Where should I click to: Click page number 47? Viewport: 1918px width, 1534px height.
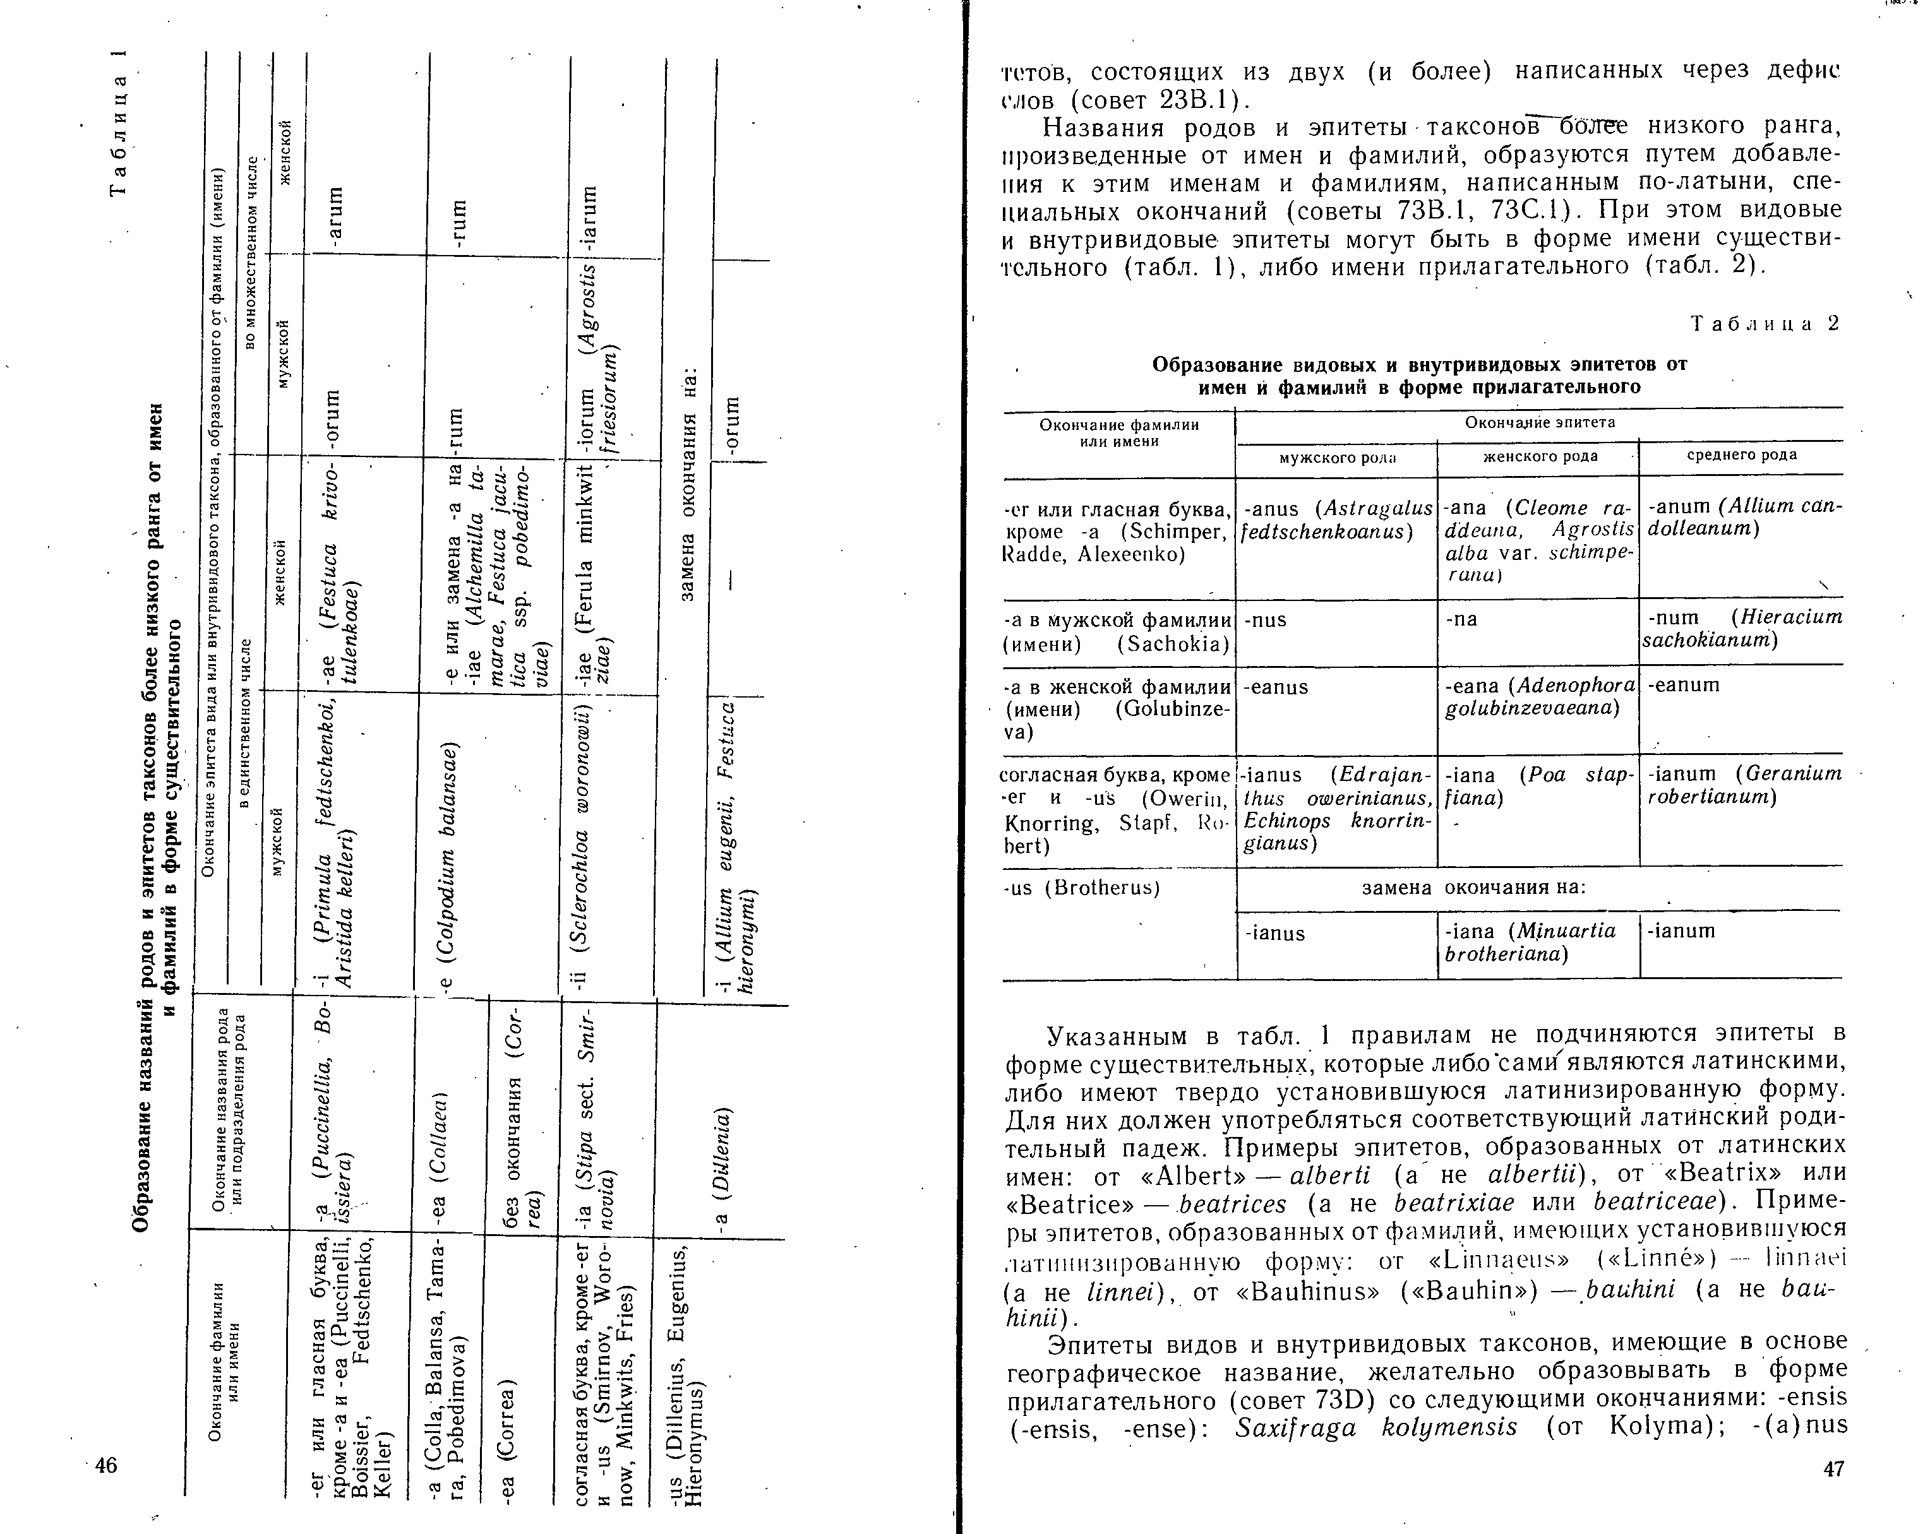coord(1833,1469)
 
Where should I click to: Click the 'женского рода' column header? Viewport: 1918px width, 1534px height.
coord(1540,456)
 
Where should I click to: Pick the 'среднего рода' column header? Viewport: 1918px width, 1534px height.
coord(1742,455)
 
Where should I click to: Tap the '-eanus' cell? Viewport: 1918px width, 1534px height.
coord(1276,687)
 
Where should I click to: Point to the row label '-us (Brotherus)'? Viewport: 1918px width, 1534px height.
coord(1081,888)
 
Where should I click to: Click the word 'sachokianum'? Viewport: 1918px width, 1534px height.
coord(1709,640)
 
